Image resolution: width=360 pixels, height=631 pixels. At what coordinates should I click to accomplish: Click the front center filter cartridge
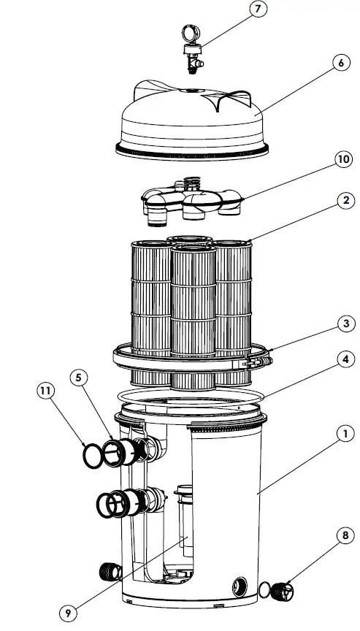(194, 307)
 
